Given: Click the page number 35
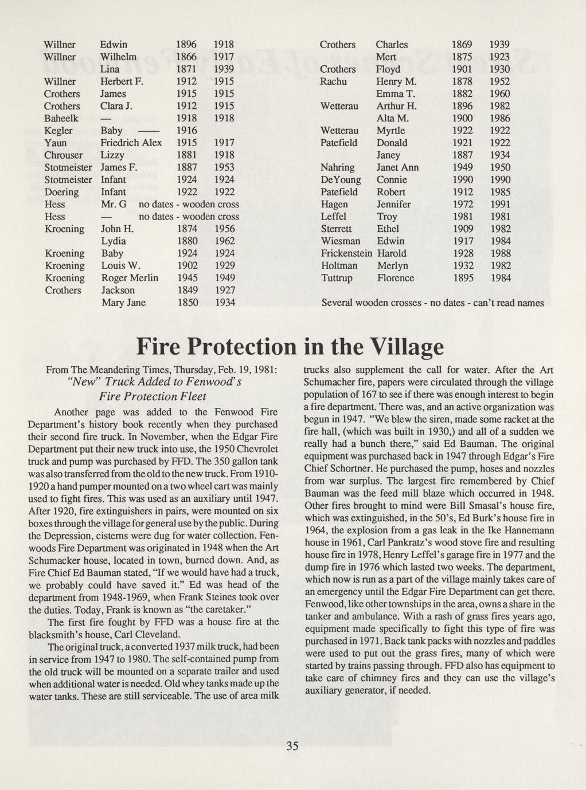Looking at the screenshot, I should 292,745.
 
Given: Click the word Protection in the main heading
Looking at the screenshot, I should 241,347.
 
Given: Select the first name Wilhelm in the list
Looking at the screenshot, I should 118,57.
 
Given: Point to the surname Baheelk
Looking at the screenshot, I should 61,118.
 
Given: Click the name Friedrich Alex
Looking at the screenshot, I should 131,143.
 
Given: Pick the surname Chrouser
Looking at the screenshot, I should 63,155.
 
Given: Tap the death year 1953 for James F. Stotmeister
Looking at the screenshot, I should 224,167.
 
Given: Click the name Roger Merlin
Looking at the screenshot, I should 130,278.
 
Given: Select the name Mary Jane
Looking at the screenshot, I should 123,302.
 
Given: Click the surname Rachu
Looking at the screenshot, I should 333,81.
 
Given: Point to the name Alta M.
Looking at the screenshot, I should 392,118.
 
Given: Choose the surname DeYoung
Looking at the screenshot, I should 341,180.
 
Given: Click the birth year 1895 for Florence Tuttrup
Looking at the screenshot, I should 462,278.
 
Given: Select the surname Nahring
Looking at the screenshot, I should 338,167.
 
